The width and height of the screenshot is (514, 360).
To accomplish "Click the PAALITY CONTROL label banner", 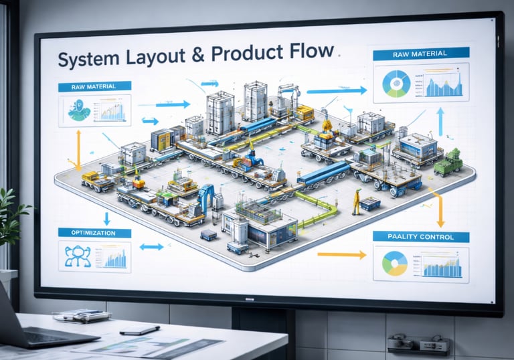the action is point(420,236).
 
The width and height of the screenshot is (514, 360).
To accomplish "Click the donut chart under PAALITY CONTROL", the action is point(394,263).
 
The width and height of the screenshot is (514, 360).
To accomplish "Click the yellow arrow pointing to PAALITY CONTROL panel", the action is point(341,254).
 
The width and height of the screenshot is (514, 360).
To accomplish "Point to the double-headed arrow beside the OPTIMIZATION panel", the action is point(151,247).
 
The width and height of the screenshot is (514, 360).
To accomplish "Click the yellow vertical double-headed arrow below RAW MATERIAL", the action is point(78,149).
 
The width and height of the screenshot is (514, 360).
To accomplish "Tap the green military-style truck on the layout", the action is point(448,162).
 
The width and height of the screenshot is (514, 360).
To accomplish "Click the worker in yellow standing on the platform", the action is point(357,201).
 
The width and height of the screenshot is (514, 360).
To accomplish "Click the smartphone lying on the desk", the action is point(140,330).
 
